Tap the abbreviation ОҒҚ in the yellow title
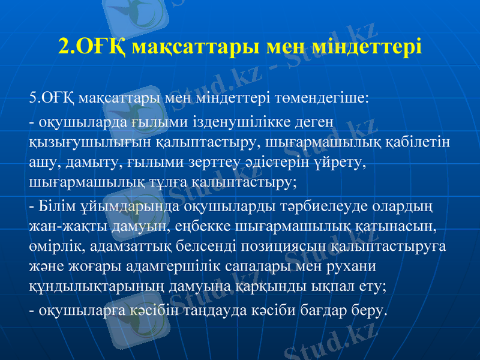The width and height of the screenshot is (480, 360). click(98, 46)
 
